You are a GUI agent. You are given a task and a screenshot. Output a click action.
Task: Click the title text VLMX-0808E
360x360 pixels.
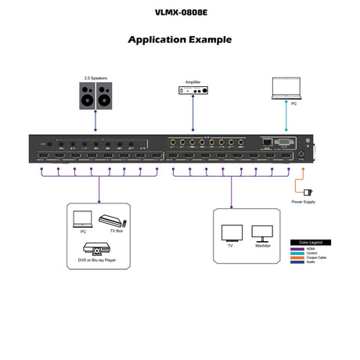point(179,13)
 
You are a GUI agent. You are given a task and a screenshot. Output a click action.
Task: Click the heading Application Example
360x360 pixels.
point(179,39)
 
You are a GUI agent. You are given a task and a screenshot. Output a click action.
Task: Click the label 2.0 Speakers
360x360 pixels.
point(95,77)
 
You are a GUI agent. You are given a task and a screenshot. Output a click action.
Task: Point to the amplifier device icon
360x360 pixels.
point(192,92)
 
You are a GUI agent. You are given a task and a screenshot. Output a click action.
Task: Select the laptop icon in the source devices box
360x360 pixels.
point(82,218)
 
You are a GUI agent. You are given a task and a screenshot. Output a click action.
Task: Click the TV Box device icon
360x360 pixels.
point(112,220)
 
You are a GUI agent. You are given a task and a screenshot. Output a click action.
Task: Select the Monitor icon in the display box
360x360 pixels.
point(262,232)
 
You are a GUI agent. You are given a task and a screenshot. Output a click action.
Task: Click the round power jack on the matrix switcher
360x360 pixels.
point(302,155)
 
